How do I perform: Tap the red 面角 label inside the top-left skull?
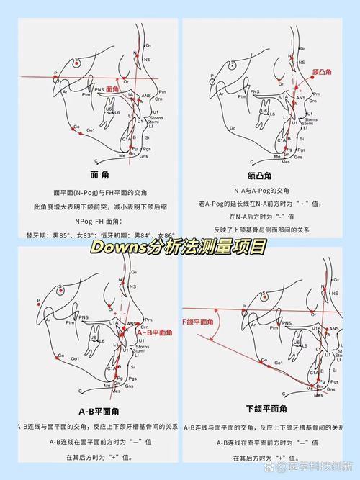coord(112,89)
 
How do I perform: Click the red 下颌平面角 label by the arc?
coord(195,320)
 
